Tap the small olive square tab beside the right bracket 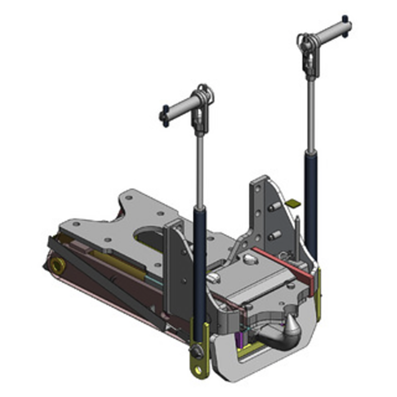click(293, 202)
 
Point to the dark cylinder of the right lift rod click(311, 198)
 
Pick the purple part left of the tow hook click(240, 339)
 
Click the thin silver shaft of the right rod click(310, 114)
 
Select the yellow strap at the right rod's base click(319, 293)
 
